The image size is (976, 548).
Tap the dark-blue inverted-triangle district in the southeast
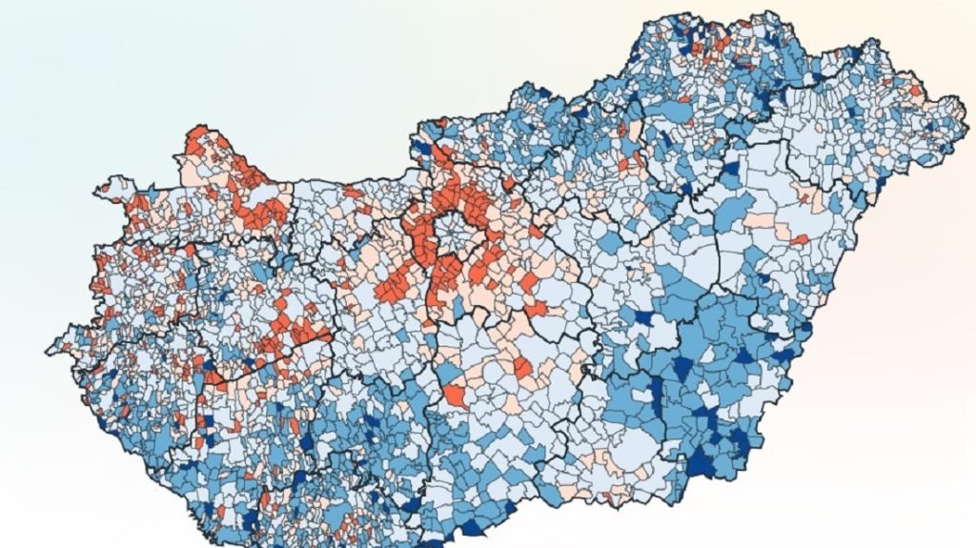683,367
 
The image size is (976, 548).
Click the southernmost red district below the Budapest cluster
456,396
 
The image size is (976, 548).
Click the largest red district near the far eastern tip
916,91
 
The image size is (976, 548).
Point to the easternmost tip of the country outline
962,101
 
